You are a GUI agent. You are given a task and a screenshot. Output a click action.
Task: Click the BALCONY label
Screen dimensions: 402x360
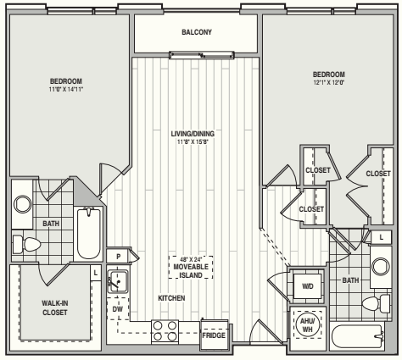pos(197,32)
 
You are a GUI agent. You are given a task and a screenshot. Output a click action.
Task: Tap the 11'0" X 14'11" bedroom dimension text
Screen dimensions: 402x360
pos(66,90)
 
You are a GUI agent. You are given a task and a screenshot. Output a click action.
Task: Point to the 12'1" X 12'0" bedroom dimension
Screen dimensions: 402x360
pos(328,83)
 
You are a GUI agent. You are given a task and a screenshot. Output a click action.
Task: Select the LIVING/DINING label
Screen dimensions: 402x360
pos(193,134)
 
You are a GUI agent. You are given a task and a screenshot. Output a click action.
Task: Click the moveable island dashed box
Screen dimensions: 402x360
pos(191,268)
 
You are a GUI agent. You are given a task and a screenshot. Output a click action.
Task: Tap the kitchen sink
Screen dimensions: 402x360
pos(118,281)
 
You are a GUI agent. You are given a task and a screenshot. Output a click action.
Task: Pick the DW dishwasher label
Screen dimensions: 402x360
pos(118,309)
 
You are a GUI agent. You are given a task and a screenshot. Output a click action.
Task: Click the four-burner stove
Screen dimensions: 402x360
pos(165,331)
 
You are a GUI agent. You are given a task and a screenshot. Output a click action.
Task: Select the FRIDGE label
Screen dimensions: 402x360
pos(214,335)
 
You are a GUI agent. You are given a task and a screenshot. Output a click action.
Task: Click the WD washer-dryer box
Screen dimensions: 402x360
pos(308,286)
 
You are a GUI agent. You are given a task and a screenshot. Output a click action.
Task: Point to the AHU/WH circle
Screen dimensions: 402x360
pos(308,324)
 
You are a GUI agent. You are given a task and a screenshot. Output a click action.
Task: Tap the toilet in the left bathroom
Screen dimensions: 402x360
pos(26,245)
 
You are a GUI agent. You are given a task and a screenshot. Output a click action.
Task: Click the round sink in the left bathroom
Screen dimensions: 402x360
pos(23,204)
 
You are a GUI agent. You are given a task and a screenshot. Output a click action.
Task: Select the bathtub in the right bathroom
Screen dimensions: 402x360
pos(358,336)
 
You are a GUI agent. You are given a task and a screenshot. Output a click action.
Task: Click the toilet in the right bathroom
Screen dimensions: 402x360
pos(377,303)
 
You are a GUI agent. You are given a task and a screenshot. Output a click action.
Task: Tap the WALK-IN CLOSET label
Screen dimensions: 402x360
pos(55,307)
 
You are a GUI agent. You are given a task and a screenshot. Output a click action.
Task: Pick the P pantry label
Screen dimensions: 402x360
pos(119,257)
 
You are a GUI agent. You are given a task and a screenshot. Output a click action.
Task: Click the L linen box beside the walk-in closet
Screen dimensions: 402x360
pos(96,273)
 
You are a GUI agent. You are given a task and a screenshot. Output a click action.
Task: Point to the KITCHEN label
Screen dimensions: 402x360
pos(171,298)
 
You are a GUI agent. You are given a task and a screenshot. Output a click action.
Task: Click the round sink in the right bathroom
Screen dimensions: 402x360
pos(381,267)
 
